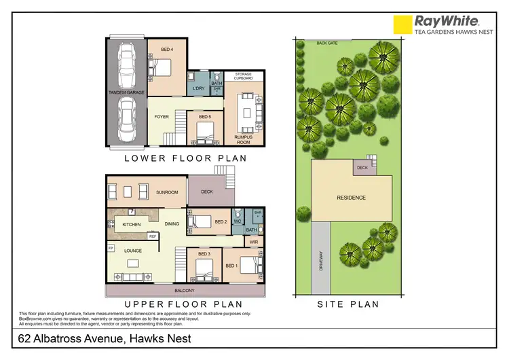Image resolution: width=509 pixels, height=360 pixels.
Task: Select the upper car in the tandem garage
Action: [x=126, y=62]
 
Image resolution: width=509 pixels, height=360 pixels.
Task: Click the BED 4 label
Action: [x=167, y=50]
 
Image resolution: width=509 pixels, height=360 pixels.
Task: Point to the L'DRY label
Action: [x=198, y=88]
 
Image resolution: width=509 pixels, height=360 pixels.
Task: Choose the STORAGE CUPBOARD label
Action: [x=244, y=76]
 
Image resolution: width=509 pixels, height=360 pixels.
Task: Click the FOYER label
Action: [x=162, y=117]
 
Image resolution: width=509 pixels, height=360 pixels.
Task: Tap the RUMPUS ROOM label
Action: [x=244, y=139]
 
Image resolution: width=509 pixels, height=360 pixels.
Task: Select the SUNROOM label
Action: [x=167, y=192]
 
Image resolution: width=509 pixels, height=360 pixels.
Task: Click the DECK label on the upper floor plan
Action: [x=208, y=192]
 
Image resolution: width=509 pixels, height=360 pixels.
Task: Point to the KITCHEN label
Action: [x=131, y=224]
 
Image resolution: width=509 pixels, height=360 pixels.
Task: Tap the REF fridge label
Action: [x=153, y=236]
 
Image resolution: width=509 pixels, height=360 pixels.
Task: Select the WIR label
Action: [x=254, y=241]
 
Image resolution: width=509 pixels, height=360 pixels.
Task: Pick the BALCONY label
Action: [x=185, y=290]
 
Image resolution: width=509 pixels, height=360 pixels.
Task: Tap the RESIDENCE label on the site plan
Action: [x=352, y=198]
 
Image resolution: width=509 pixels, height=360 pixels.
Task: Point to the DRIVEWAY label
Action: [x=321, y=262]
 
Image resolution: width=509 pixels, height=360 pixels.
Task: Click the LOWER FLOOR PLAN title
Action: [x=185, y=158]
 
